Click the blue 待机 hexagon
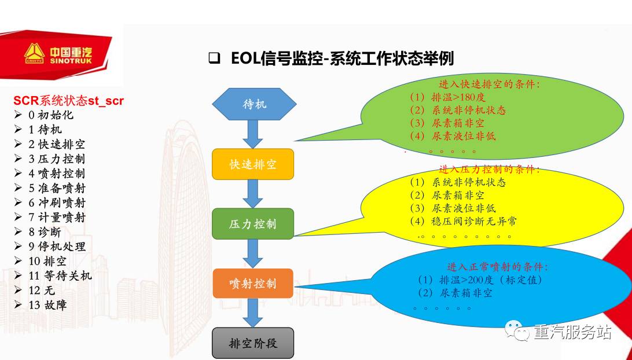tap(254, 104)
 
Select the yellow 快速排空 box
tap(253, 164)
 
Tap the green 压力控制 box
tap(253, 224)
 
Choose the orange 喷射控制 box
tap(253, 284)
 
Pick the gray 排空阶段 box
tap(253, 343)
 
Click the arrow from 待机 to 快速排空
tap(253, 134)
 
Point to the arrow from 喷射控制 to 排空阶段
tap(253, 313)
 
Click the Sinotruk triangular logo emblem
tap(34, 54)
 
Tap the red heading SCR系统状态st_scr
tap(68, 101)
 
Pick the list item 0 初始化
tap(51, 115)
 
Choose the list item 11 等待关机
tap(60, 275)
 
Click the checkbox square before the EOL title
tap(214, 58)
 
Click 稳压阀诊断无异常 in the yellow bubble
tap(474, 221)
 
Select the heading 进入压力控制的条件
tap(489, 169)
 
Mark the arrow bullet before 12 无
tap(18, 291)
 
